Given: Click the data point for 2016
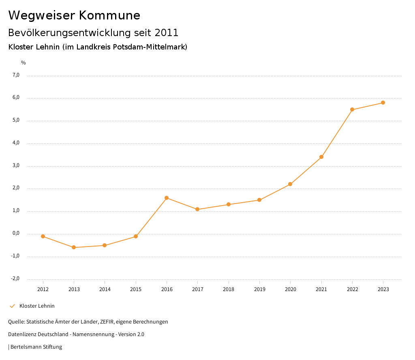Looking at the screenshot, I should tap(167, 198).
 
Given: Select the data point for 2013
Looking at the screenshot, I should tap(74, 247).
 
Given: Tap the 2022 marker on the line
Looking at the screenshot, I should tap(352, 109).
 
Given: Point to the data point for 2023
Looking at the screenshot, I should tap(383, 103).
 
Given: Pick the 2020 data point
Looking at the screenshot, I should tap(290, 184).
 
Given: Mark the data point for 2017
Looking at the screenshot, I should tap(197, 209).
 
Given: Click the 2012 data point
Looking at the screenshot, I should tap(43, 236).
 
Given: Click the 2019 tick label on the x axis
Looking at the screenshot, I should tap(259, 289).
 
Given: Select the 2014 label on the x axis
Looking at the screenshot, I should tap(105, 289).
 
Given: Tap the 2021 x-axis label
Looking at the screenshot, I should tap(321, 289).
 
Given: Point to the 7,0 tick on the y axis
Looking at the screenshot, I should tap(16, 75).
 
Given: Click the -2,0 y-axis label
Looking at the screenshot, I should tap(15, 279).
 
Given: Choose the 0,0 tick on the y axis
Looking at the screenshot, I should tap(16, 234).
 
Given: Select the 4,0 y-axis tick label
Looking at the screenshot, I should tap(16, 143).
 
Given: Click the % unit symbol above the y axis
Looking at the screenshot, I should tap(24, 63).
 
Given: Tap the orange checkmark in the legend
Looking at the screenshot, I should tap(12, 306).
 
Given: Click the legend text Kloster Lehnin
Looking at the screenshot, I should tap(37, 306).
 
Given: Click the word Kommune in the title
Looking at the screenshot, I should tap(109, 15).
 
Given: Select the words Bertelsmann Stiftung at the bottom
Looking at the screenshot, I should tap(36, 347).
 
